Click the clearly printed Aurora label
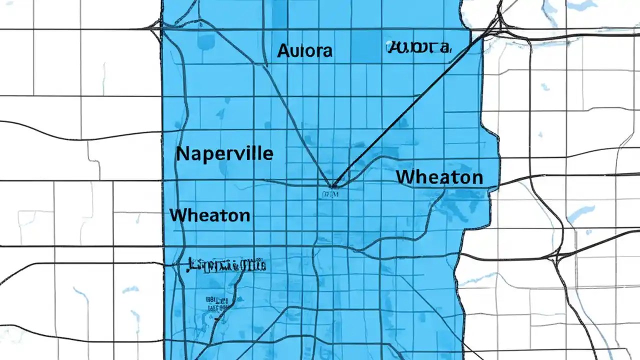pyautogui.click(x=304, y=50)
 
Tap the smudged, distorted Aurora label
pyautogui.click(x=418, y=47)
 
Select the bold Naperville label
pyautogui.click(x=224, y=153)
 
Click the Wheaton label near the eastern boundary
pyautogui.click(x=439, y=177)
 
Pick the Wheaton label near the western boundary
pyautogui.click(x=210, y=215)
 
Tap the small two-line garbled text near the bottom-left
pyautogui.click(x=216, y=304)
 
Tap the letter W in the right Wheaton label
pyautogui.click(x=404, y=177)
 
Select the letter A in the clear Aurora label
pyautogui.click(x=283, y=50)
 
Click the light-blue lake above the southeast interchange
pyautogui.click(x=580, y=213)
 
